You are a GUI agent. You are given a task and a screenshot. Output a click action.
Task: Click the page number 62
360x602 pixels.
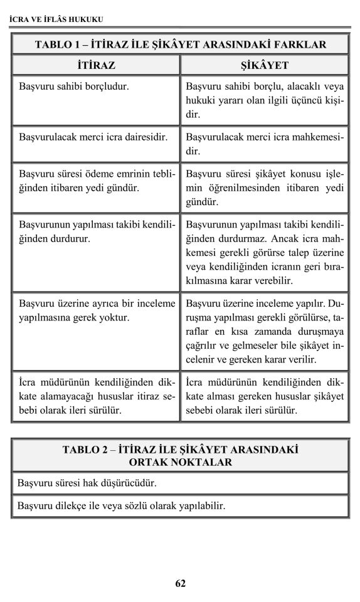(x=180, y=583)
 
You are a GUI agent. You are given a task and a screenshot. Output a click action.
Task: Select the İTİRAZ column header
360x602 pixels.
(x=96, y=65)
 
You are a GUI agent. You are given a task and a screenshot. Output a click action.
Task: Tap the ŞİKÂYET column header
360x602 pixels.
(x=265, y=65)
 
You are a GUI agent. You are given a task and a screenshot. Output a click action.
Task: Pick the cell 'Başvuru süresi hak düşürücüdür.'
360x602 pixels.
(x=180, y=483)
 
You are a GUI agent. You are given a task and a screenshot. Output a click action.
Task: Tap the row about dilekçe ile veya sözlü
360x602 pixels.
(x=180, y=505)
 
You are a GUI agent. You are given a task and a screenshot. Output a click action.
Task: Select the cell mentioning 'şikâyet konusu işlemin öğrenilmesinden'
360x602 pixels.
(x=265, y=187)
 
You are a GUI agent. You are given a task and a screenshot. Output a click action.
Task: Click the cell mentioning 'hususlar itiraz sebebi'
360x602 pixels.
(x=96, y=396)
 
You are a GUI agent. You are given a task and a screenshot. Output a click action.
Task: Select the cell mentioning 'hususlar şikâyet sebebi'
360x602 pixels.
(x=265, y=396)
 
